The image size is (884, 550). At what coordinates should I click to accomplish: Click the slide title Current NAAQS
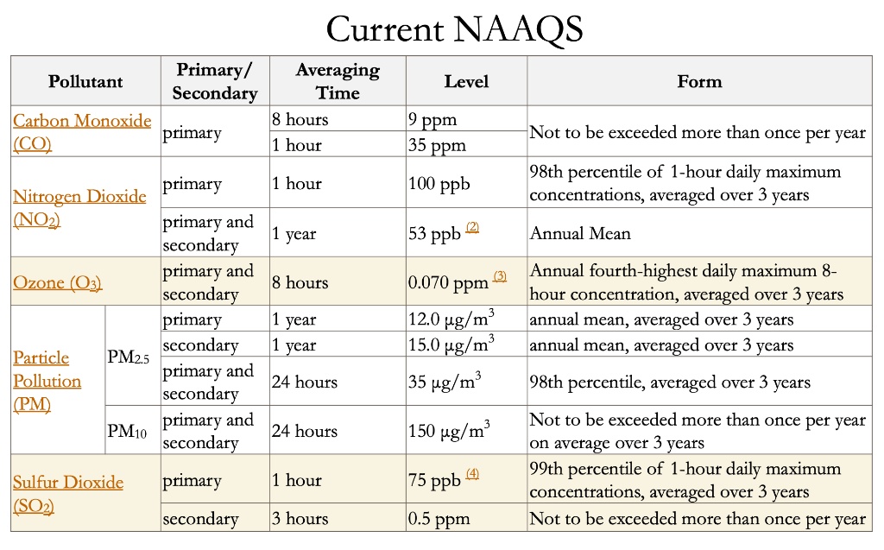click(x=454, y=29)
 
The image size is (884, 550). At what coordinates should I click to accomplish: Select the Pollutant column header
click(x=85, y=82)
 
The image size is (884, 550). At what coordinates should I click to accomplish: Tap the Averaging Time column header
click(x=337, y=81)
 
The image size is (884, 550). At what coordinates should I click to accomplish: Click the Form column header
click(x=698, y=81)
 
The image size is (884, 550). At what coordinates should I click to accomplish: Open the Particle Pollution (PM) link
click(x=47, y=381)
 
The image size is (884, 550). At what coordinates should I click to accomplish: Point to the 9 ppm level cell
click(x=433, y=119)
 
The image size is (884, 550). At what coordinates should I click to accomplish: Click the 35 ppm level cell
click(x=437, y=145)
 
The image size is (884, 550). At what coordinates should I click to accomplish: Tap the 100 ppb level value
click(x=439, y=184)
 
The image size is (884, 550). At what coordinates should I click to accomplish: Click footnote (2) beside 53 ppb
click(x=472, y=227)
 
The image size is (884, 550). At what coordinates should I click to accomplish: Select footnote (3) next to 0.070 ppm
click(x=500, y=275)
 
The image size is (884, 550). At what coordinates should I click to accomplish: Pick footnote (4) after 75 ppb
click(x=472, y=474)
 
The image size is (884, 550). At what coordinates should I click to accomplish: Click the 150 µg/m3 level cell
click(x=449, y=431)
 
